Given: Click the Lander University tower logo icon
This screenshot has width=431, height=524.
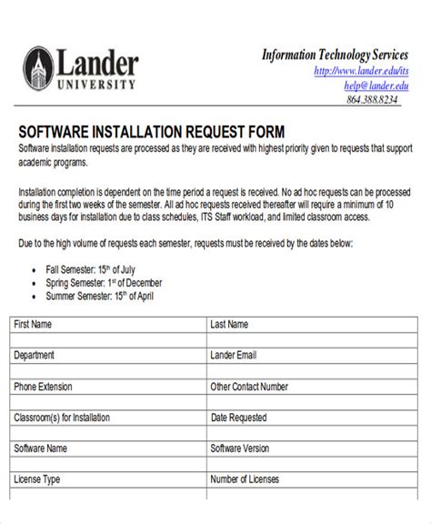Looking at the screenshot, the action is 39,69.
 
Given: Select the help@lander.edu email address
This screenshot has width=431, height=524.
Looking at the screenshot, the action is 376,86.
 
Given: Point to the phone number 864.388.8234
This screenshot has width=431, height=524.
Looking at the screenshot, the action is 372,100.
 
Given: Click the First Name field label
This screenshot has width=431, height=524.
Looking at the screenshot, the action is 33,324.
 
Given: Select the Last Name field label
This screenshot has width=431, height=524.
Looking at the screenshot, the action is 229,324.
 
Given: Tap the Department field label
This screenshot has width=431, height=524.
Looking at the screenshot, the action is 35,355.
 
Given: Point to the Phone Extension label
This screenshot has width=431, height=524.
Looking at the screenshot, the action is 45,387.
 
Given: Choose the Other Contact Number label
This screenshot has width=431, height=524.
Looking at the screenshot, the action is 249,387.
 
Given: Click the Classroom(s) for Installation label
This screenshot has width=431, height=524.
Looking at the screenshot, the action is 62,418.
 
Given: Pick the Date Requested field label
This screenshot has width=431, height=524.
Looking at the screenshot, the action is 239,418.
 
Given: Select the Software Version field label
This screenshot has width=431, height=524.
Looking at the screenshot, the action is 240,448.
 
